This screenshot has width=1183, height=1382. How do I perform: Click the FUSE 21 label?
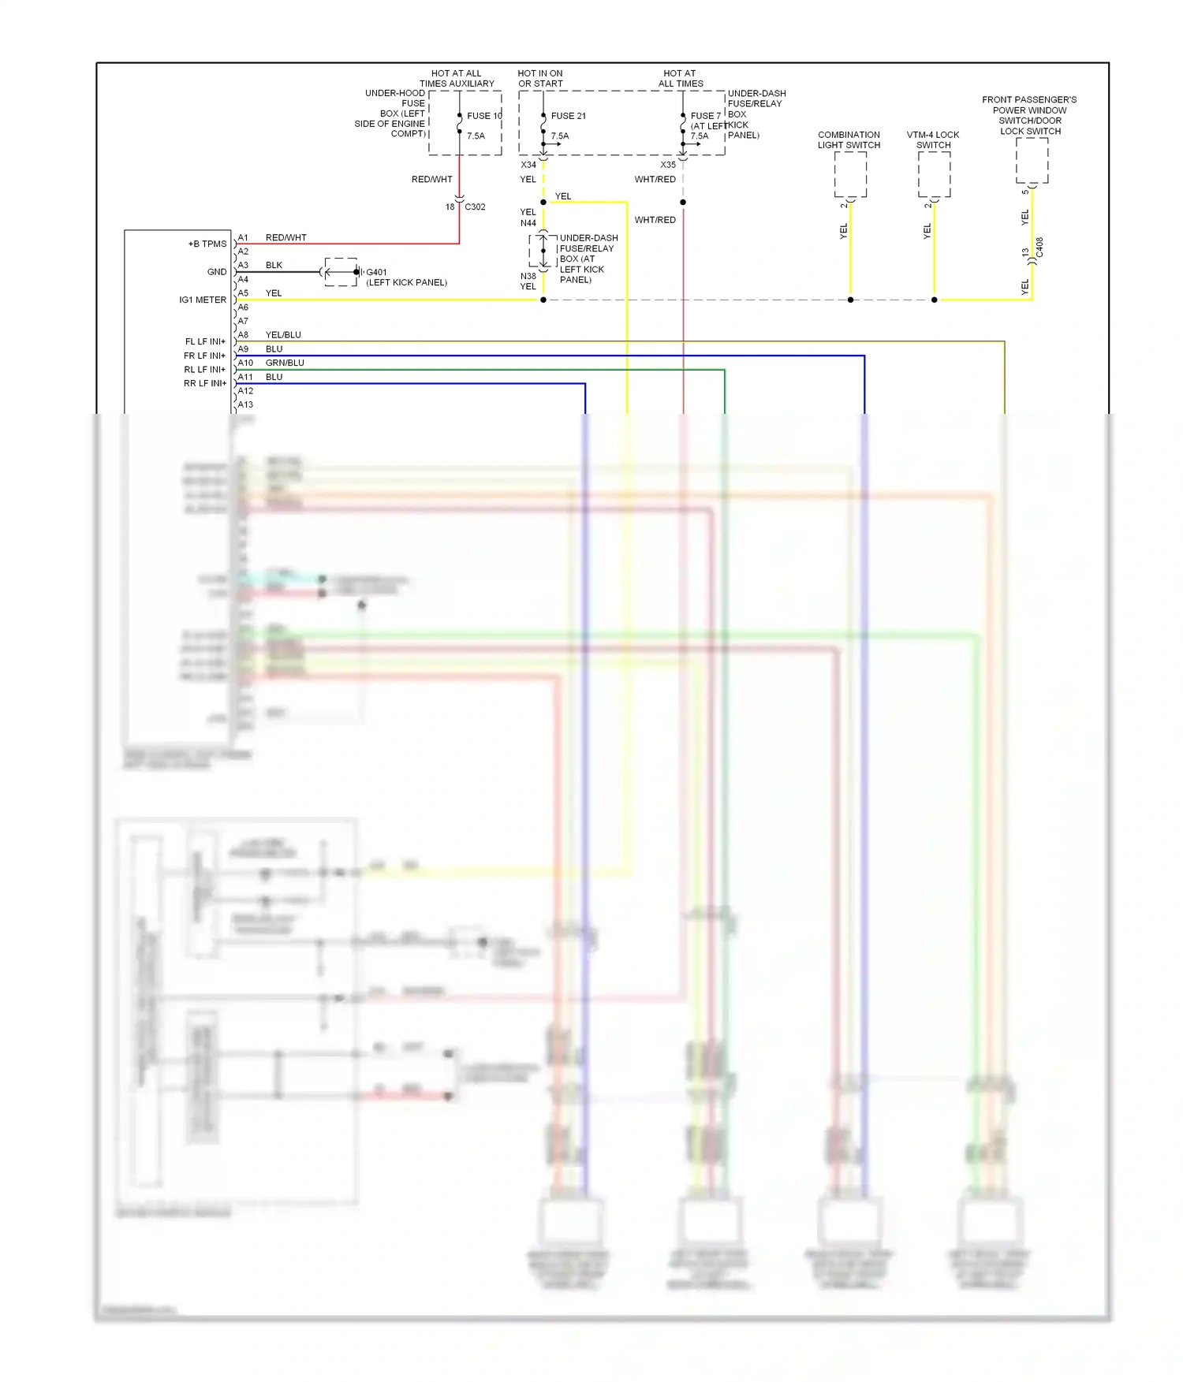tap(568, 116)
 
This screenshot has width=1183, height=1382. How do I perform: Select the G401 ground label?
tap(376, 273)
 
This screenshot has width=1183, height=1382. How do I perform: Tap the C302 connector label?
tap(475, 207)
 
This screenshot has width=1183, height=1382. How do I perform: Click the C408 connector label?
tap(1039, 248)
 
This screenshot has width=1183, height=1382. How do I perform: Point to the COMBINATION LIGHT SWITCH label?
tap(849, 140)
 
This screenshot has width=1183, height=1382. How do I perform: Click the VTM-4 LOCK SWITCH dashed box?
tap(934, 174)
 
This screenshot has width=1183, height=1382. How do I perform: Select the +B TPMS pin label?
tap(207, 244)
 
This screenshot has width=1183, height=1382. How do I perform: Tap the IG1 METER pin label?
tap(203, 300)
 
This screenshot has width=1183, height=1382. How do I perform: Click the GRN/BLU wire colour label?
tap(285, 363)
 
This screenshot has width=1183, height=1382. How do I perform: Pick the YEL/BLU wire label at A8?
tap(283, 335)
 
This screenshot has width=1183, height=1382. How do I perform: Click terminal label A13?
tap(245, 405)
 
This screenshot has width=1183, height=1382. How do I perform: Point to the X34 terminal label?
tap(528, 166)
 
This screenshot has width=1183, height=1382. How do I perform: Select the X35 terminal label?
tap(668, 166)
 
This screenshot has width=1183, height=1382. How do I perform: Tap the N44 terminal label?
tap(528, 224)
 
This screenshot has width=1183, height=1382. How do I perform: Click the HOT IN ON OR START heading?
tap(540, 79)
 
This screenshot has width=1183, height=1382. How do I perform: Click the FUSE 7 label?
tap(705, 116)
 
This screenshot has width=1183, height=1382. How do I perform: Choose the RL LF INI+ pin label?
tap(205, 370)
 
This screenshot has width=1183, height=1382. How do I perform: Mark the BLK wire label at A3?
tap(274, 266)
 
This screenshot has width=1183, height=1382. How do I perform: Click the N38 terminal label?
tap(528, 277)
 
